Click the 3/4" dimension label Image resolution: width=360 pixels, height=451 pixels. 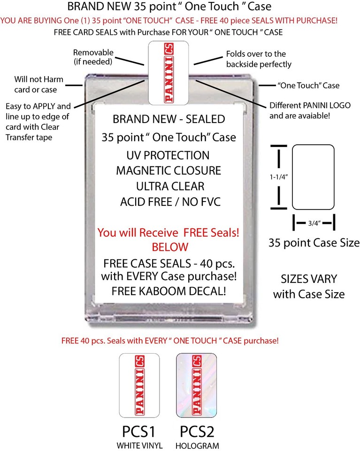point(314,224)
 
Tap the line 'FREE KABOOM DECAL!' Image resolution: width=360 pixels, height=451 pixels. point(169,291)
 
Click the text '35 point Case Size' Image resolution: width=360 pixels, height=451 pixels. point(314,243)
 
